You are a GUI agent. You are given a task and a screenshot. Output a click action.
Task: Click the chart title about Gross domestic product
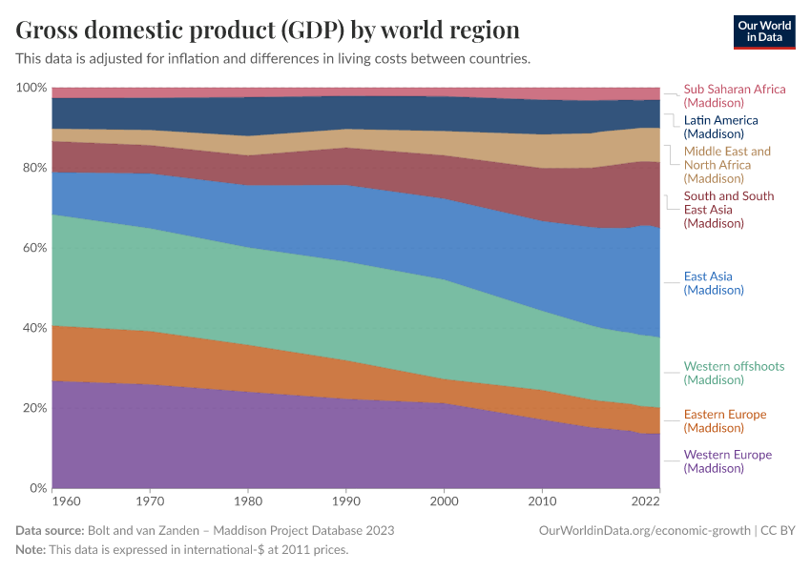pyautogui.click(x=268, y=31)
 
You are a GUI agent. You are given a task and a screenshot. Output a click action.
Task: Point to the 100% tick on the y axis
pyautogui.click(x=31, y=88)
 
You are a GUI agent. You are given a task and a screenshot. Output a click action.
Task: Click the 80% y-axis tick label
pyautogui.click(x=33, y=168)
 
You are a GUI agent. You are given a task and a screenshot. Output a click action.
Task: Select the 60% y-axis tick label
pyautogui.click(x=33, y=248)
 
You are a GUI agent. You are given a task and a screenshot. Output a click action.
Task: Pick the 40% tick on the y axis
pyautogui.click(x=33, y=328)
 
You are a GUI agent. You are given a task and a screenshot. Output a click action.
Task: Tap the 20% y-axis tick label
pyautogui.click(x=33, y=408)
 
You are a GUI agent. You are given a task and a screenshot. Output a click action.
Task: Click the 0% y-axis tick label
pyautogui.click(x=37, y=488)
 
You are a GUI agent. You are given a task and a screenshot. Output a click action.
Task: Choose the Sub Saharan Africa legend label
pyautogui.click(x=735, y=95)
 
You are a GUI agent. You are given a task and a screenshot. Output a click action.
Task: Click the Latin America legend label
pyautogui.click(x=720, y=127)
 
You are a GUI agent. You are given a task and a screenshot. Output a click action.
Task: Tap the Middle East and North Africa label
pyautogui.click(x=727, y=165)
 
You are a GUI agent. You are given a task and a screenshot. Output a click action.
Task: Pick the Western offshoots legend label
pyautogui.click(x=734, y=373)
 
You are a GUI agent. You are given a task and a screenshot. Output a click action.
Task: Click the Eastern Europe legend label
pyautogui.click(x=724, y=420)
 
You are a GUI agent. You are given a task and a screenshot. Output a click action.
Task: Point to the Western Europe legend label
pyautogui.click(x=727, y=461)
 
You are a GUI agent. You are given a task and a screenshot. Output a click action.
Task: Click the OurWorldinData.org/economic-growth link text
pyautogui.click(x=645, y=530)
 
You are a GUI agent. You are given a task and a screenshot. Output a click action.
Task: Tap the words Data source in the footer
pyautogui.click(x=50, y=530)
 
